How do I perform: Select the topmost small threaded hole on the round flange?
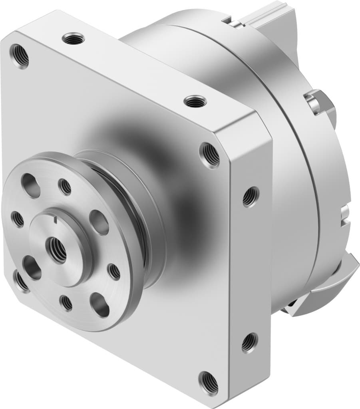65,187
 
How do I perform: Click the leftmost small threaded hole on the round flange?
18,219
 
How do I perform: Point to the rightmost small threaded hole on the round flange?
114,272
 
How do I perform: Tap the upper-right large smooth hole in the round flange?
99,222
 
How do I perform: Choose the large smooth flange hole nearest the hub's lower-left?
32,267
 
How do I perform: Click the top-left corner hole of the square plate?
20,56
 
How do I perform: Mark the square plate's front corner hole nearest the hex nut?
211,154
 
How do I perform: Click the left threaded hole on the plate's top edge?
74,39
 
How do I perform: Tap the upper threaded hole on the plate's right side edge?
250,197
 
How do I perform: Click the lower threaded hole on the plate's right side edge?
249,342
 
